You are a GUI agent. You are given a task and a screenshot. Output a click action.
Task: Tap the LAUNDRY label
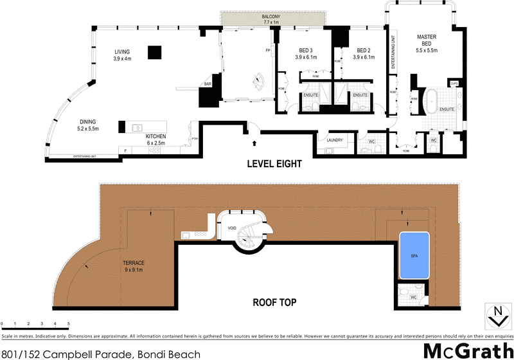(334, 139)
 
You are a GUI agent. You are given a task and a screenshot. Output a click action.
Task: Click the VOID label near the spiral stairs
(231, 228)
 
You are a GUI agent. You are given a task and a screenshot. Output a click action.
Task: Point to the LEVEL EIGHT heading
(274, 164)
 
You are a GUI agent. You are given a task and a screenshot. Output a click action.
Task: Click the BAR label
(208, 84)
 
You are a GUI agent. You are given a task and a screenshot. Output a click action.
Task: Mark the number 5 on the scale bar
(69, 323)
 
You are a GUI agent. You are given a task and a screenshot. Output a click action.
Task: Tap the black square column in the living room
(154, 52)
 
